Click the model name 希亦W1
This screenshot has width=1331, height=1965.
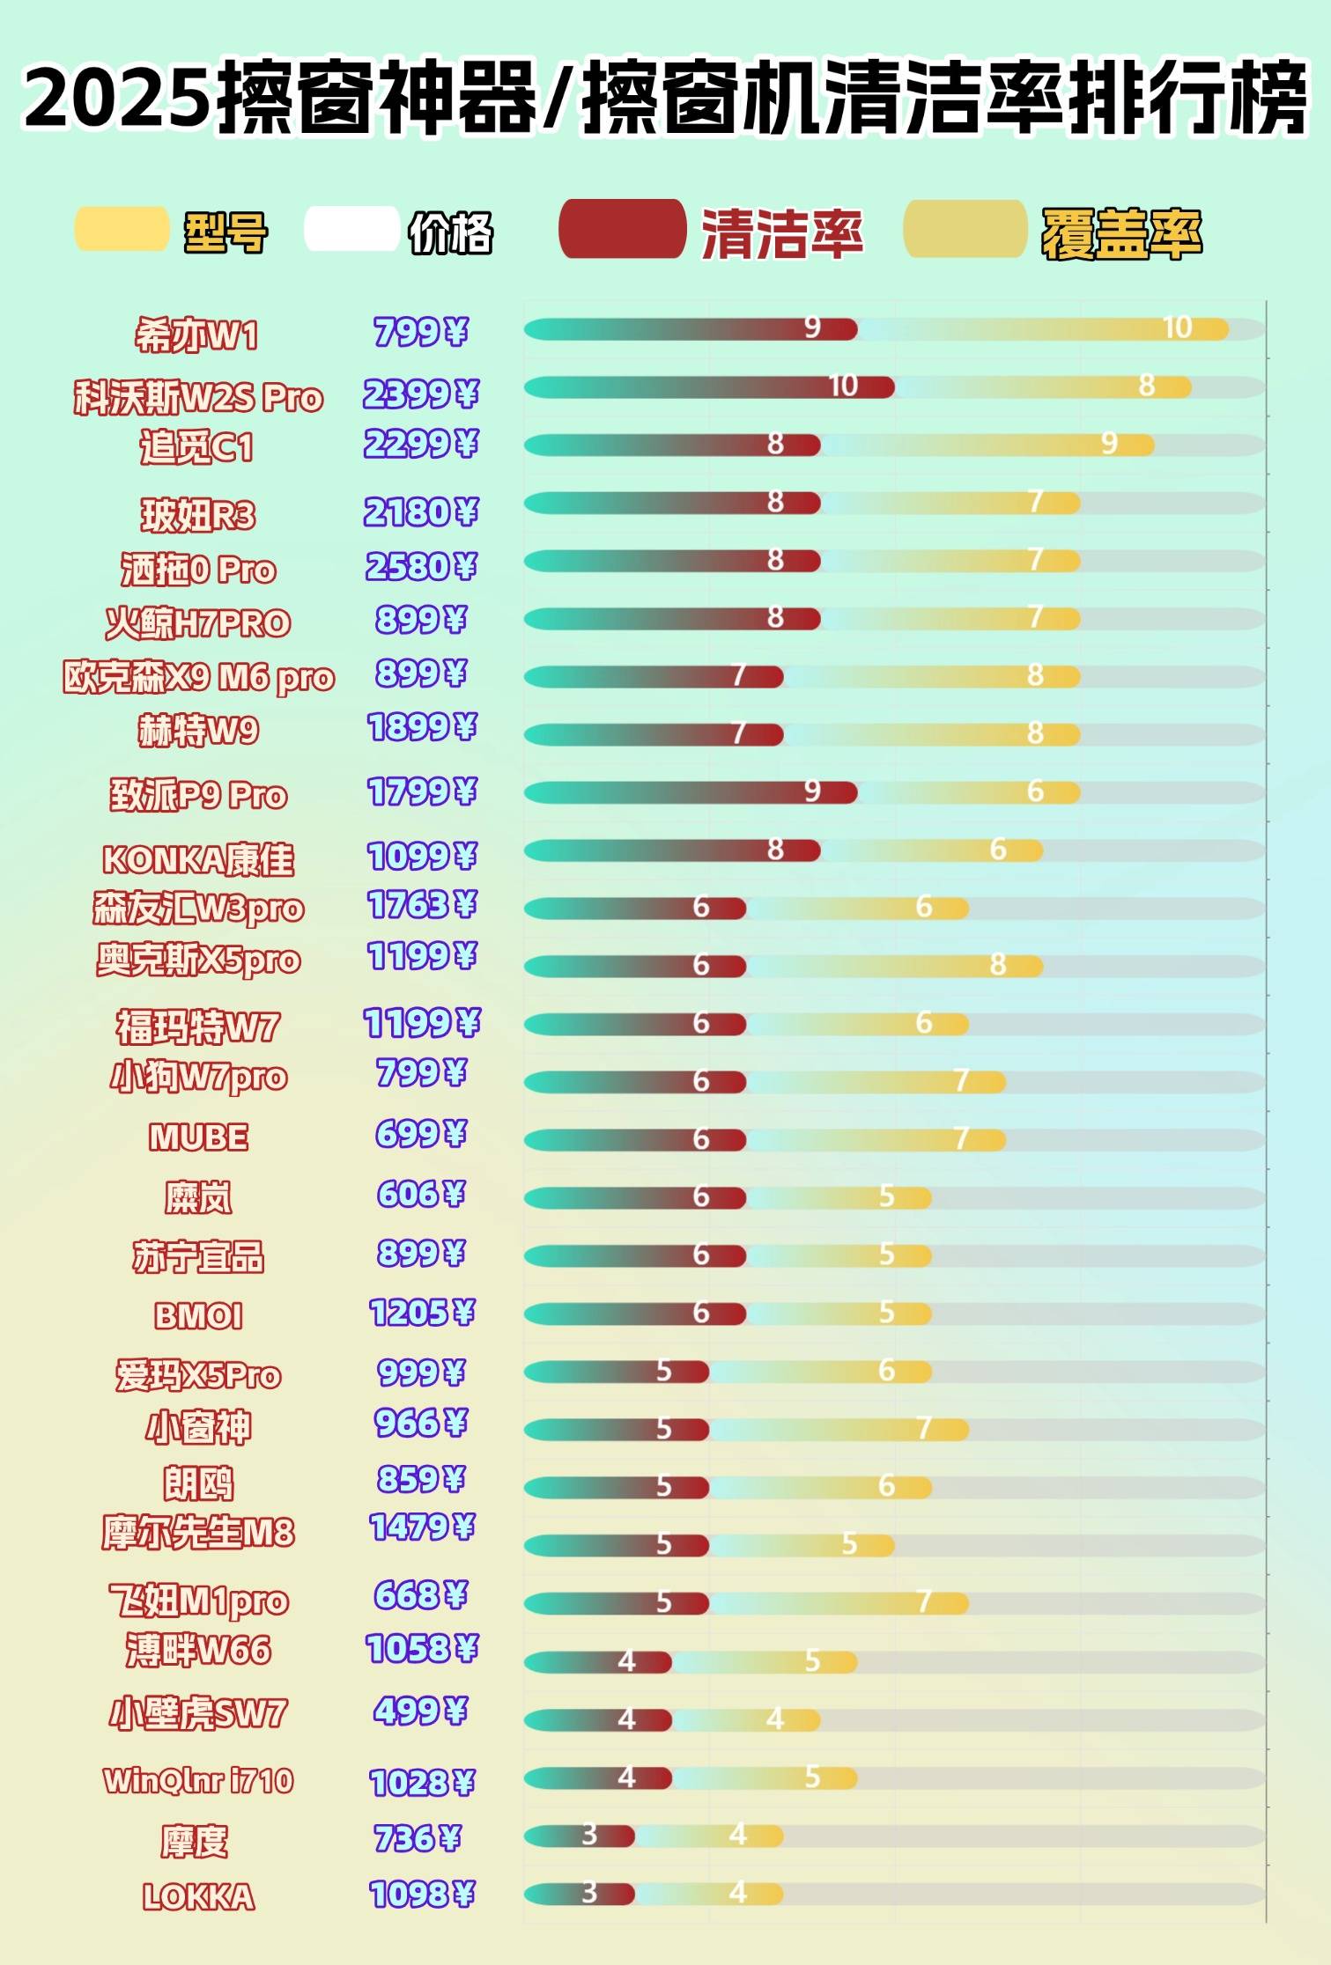196,335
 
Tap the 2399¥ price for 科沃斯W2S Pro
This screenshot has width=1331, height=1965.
420,394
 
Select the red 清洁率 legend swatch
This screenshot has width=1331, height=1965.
622,230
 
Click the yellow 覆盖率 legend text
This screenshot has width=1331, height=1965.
1121,234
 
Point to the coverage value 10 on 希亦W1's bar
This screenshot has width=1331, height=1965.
1177,328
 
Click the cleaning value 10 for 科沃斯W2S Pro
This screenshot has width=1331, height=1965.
843,386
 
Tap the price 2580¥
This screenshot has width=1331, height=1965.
420,566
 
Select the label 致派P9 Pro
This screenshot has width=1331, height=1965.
198,795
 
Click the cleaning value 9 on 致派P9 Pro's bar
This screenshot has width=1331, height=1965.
812,791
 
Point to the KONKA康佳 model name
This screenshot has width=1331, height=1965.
198,859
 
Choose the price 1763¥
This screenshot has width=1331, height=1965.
421,905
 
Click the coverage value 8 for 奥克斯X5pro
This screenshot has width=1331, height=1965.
997,965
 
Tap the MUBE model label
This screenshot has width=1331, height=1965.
198,1137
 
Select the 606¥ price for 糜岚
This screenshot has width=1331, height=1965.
420,1194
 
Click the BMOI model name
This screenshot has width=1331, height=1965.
198,1316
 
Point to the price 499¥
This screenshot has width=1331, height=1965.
420,1711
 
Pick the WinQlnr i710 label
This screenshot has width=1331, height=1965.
198,1781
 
